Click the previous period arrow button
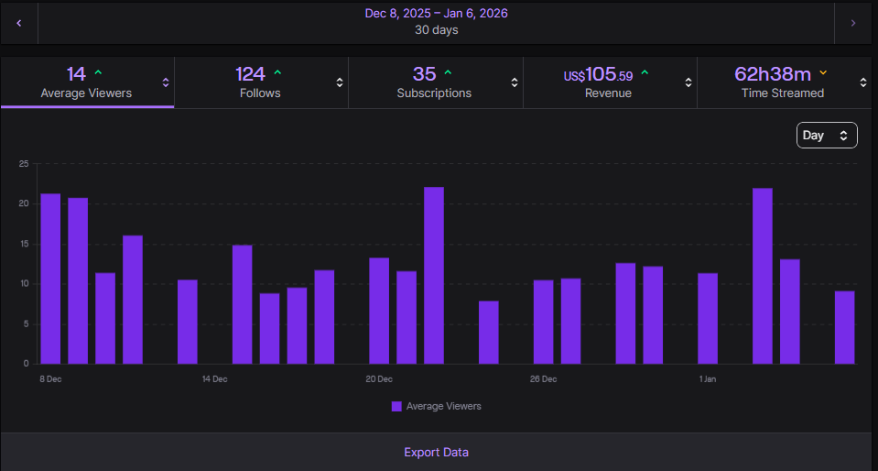pyautogui.click(x=19, y=23)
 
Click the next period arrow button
pyautogui.click(x=853, y=23)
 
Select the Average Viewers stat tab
pyautogui.click(x=86, y=82)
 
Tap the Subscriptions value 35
pyautogui.click(x=425, y=73)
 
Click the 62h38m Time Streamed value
pyautogui.click(x=773, y=73)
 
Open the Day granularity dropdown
pyautogui.click(x=826, y=136)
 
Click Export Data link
pyautogui.click(x=436, y=453)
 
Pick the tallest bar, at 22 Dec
pyautogui.click(x=434, y=275)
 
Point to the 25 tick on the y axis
pyautogui.click(x=24, y=164)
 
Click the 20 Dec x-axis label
pyautogui.click(x=379, y=378)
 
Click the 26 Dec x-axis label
pyautogui.click(x=543, y=378)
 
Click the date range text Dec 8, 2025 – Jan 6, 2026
pyautogui.click(x=436, y=14)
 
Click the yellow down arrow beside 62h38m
pyautogui.click(x=823, y=72)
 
